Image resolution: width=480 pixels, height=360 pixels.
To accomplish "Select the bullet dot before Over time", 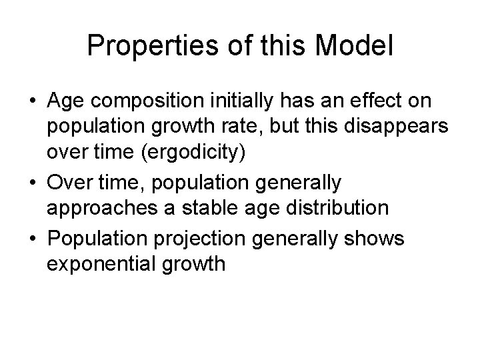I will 31,182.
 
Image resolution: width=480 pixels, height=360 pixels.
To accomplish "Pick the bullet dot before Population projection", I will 31,238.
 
